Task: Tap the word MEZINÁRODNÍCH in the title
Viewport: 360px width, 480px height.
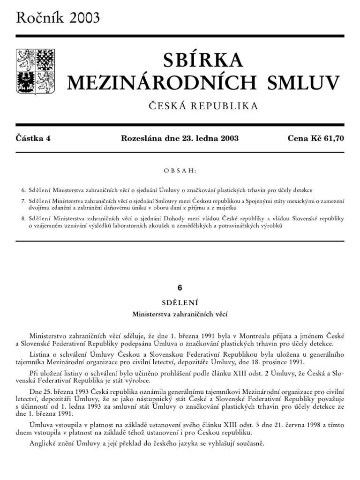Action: coord(162,82)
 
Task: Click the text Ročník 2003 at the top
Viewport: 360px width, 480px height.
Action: coord(58,17)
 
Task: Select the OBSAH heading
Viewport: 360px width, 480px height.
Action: coord(180,171)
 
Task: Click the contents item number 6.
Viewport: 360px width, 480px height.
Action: coord(23,190)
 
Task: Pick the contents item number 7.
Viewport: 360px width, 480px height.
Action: coord(23,201)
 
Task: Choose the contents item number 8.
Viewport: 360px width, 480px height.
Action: coord(23,218)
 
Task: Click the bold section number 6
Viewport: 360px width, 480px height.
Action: coord(180,288)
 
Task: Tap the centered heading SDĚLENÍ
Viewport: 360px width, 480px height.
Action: coord(180,302)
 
